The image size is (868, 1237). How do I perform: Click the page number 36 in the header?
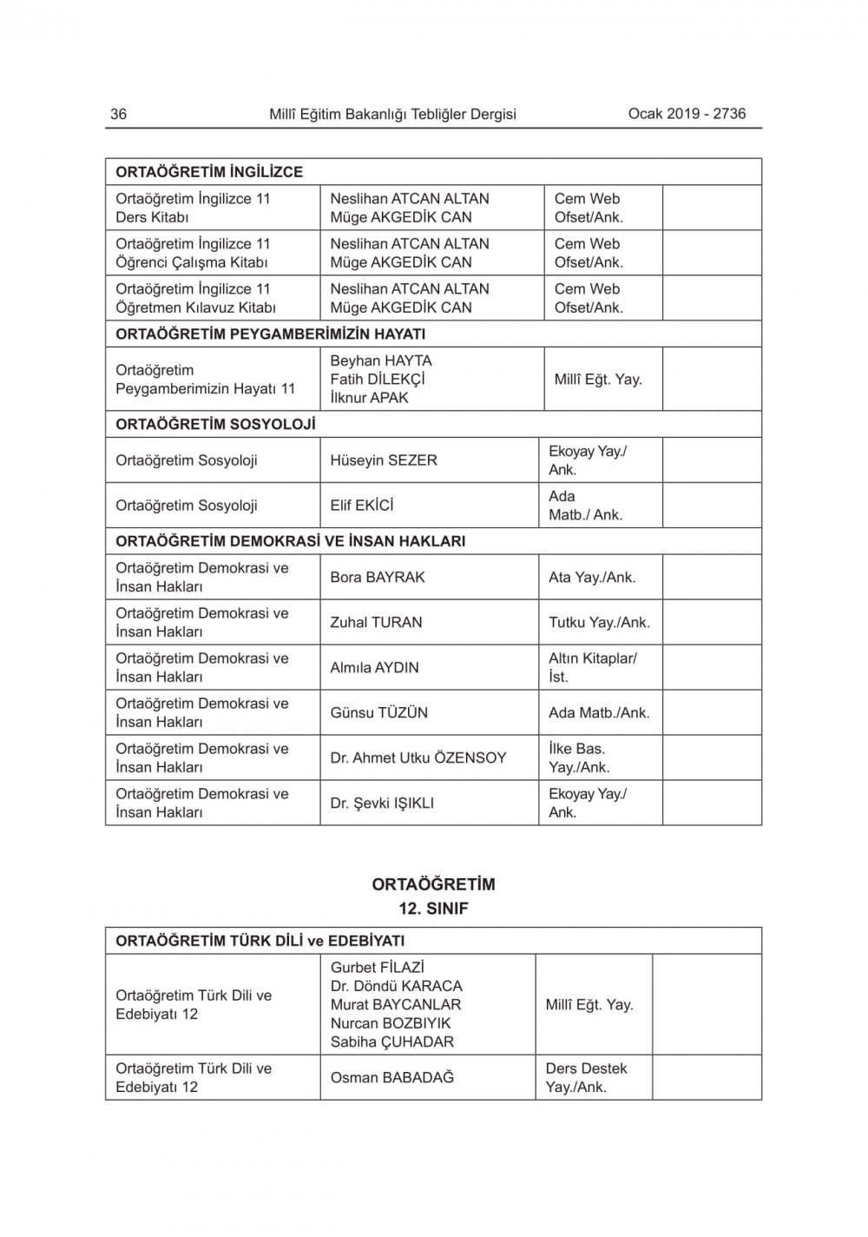119,114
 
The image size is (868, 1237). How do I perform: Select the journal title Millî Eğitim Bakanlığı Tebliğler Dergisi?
392,114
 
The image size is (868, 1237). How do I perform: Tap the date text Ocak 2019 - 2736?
687,113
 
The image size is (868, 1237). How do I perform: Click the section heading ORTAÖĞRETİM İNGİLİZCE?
209,172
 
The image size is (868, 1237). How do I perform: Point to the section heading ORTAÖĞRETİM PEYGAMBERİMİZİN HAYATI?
270,334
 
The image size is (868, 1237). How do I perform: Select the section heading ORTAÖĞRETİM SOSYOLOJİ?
215,424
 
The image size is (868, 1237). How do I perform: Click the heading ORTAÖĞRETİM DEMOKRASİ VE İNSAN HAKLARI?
290,541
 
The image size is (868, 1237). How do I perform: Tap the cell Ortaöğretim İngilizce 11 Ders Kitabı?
193,208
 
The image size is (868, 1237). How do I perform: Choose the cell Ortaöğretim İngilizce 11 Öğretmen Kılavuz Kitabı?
195,298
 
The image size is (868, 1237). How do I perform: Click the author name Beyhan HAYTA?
380,361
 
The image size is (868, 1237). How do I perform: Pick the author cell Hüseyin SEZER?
383,460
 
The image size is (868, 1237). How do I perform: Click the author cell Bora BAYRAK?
377,577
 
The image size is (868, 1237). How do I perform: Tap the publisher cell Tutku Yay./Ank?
599,622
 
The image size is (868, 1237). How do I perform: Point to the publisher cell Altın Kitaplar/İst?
592,667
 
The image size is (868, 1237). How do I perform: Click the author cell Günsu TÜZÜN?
378,712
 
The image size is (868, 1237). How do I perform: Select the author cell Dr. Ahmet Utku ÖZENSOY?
418,757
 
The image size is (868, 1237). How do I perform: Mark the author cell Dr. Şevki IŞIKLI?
382,804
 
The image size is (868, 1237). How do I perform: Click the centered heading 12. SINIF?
433,909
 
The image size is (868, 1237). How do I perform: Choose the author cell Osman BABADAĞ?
391,1077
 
